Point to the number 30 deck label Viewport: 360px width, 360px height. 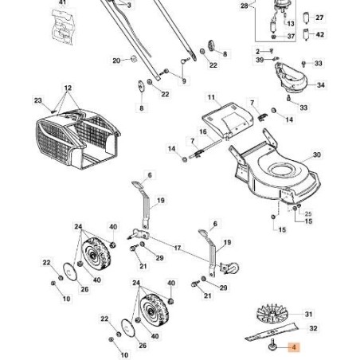[x=317, y=155]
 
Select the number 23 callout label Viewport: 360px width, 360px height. [x=37, y=100]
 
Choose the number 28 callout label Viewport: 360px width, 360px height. [x=245, y=5]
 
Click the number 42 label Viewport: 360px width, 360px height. [x=319, y=36]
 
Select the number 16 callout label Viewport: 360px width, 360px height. [x=203, y=131]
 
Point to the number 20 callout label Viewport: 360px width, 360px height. [x=116, y=60]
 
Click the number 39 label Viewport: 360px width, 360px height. [x=260, y=60]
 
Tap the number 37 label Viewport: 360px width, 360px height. [x=292, y=36]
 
